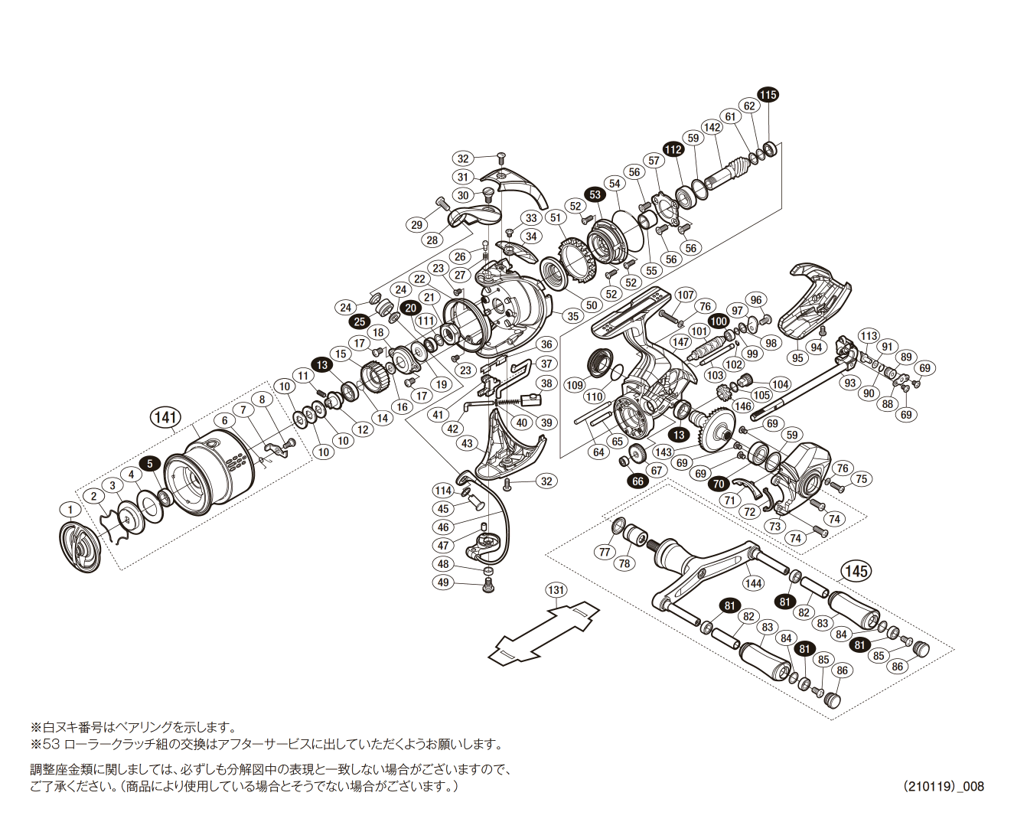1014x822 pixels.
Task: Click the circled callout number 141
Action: [x=165, y=417]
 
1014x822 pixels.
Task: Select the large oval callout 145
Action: [x=856, y=570]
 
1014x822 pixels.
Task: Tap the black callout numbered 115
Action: [x=768, y=94]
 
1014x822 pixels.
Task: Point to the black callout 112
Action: [x=673, y=149]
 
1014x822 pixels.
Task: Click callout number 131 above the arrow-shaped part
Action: [x=556, y=589]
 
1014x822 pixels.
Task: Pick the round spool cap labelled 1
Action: [x=80, y=546]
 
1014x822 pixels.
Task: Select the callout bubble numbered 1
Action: [x=70, y=510]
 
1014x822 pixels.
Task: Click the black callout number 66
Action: [x=637, y=481]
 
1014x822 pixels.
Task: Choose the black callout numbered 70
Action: [x=718, y=484]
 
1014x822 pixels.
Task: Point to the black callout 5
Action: [x=150, y=463]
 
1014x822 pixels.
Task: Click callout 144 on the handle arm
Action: [x=753, y=583]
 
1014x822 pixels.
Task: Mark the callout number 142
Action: [x=712, y=127]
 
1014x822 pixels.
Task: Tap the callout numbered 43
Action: [x=468, y=443]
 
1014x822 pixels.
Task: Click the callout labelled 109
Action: [x=575, y=385]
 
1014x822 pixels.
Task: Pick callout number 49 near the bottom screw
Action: [x=443, y=583]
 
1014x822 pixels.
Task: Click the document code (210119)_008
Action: [x=943, y=786]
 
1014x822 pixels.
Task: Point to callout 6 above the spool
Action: [x=225, y=420]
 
